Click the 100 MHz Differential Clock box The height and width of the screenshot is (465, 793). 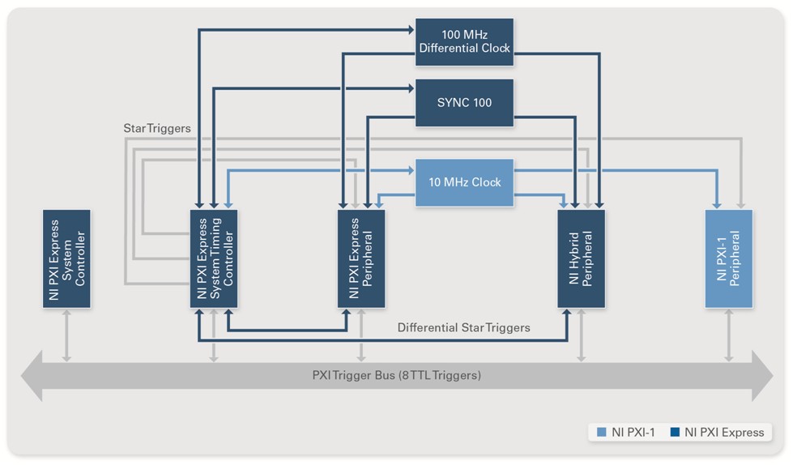(x=464, y=41)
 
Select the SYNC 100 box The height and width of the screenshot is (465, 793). (x=464, y=103)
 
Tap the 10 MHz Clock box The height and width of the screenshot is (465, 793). (x=464, y=182)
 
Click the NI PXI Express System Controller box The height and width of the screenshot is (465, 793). (x=66, y=258)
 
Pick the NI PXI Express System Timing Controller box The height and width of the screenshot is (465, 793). (x=214, y=258)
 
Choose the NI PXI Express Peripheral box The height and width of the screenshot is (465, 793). (x=361, y=258)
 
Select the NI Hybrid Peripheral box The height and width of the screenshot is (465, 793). (x=581, y=258)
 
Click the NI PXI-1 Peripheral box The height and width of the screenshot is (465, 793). (x=728, y=258)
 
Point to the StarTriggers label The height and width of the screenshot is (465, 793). (x=157, y=128)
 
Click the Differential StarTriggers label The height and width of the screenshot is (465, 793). (x=463, y=327)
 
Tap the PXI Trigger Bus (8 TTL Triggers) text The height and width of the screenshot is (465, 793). (x=396, y=375)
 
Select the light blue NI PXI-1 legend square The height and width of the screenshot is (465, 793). (x=602, y=432)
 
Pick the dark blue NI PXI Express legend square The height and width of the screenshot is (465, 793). (x=675, y=432)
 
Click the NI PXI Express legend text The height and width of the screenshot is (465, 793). (x=724, y=432)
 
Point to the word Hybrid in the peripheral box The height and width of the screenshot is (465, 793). (x=574, y=258)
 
